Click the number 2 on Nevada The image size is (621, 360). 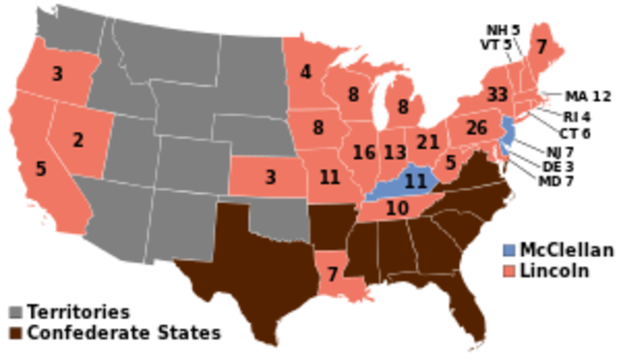point(78,140)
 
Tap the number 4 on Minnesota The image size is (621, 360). point(306,72)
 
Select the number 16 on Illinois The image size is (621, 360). point(364,152)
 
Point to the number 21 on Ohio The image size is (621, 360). point(428,143)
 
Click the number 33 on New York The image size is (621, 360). point(497,94)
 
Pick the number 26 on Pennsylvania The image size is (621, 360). point(475,127)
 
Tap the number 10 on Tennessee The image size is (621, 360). point(396,208)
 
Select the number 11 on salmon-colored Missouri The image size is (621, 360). point(330,178)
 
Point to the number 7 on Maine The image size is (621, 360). point(541,47)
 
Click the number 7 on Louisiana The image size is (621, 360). point(333,274)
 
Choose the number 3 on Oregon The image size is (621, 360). point(57,74)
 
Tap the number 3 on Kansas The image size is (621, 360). point(271,178)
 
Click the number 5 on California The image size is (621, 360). point(41,169)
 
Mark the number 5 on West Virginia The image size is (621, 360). point(451,163)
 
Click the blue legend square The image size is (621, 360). point(509,250)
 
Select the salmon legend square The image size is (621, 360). point(509,271)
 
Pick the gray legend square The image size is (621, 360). point(16,312)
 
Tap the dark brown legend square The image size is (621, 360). point(16,333)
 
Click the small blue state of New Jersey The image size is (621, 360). point(505,136)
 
